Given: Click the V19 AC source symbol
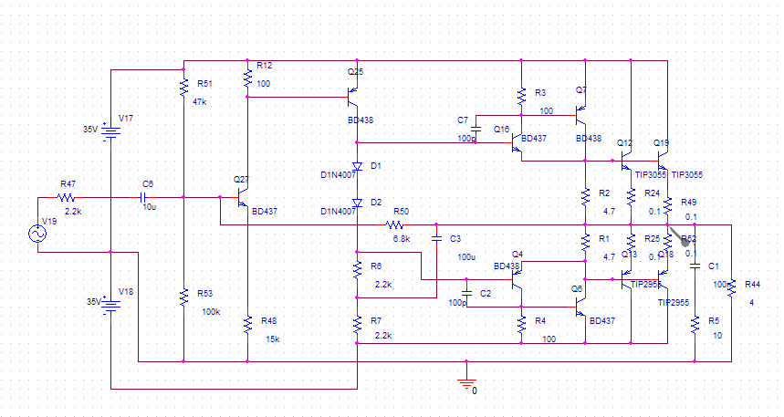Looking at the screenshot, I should [38, 234].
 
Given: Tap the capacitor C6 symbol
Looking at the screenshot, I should [143, 197].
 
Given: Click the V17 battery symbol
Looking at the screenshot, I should [110, 133].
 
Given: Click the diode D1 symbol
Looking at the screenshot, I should [357, 167].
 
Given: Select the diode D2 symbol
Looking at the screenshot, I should [357, 202].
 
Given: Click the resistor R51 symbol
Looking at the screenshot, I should [184, 87].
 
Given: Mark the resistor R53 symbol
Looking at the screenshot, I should [184, 296].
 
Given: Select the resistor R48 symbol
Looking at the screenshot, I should [247, 324].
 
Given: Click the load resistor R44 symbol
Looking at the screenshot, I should [733, 287].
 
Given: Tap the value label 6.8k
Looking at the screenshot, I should [402, 239].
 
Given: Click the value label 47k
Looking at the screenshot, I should [200, 101].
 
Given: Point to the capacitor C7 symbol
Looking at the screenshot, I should [476, 129].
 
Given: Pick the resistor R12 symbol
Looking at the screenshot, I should [247, 79].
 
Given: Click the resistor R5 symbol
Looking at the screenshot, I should [695, 324].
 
